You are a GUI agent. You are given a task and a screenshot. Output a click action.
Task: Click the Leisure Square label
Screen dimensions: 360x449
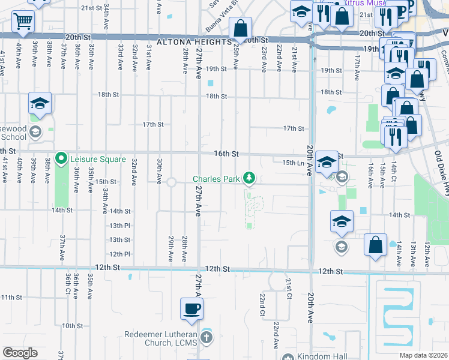(98, 159)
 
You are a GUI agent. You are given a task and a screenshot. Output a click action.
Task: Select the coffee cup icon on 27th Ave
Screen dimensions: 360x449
(192, 309)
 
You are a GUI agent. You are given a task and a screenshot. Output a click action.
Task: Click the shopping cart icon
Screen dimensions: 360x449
(23, 22)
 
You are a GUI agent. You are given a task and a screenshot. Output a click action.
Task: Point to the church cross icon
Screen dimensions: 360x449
(206, 337)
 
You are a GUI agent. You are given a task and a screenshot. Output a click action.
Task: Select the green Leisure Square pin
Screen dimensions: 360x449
(61, 159)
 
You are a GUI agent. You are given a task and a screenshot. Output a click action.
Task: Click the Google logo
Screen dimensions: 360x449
(20, 352)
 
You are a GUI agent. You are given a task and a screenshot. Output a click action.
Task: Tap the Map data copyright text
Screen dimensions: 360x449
(423, 355)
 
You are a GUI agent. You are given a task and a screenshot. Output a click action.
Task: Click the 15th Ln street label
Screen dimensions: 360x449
(293, 163)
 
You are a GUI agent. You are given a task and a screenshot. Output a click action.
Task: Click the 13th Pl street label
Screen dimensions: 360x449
(119, 226)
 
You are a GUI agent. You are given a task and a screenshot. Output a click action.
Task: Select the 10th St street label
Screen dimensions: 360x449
(71, 326)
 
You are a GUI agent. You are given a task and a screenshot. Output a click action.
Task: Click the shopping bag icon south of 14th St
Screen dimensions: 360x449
(375, 245)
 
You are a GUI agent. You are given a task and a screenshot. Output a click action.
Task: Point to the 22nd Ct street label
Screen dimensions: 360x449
(262, 305)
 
